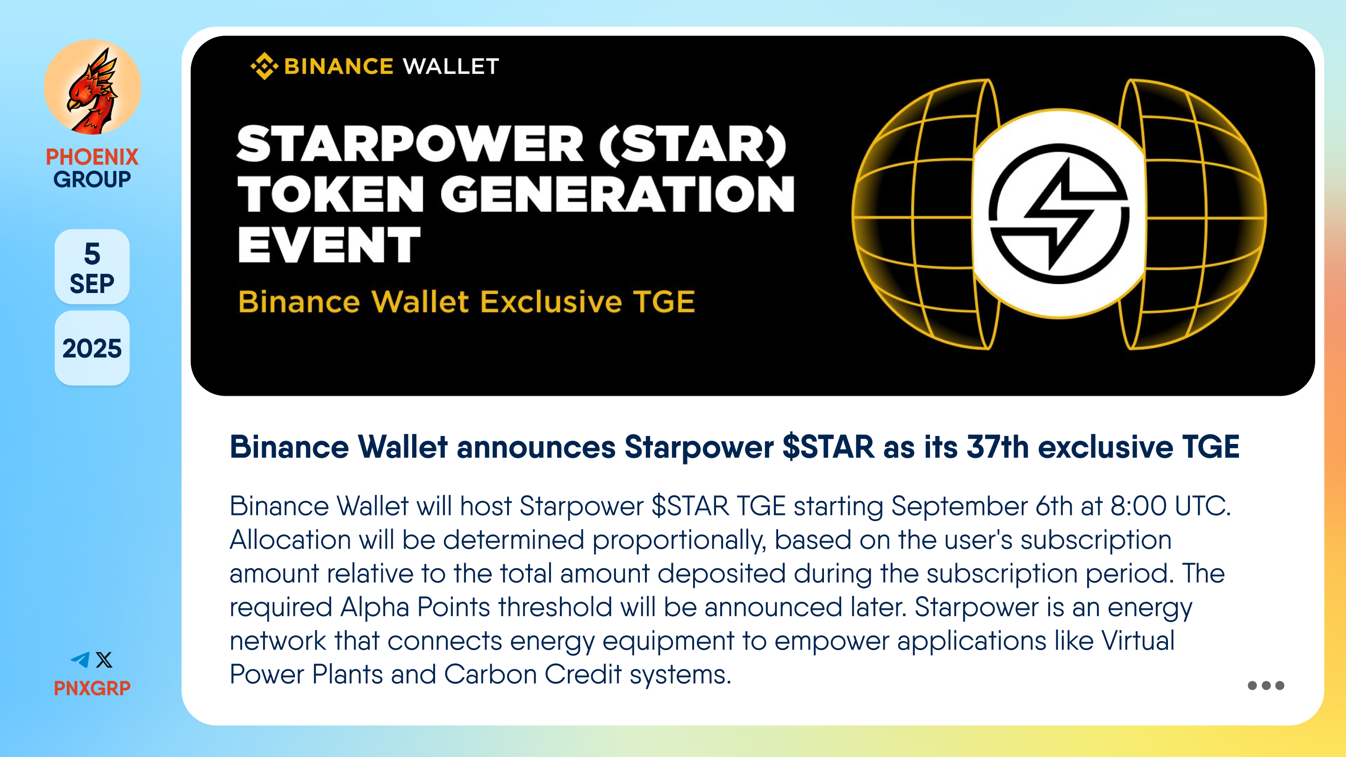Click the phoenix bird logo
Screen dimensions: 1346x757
pyautogui.click(x=93, y=87)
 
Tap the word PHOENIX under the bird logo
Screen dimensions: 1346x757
pyautogui.click(x=92, y=157)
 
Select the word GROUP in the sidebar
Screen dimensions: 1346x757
pyautogui.click(x=92, y=179)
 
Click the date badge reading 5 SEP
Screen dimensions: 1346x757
pyautogui.click(x=92, y=266)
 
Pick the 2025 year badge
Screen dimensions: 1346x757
pyautogui.click(x=92, y=349)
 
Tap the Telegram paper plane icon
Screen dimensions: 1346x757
pyautogui.click(x=80, y=660)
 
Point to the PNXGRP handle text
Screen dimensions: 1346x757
pyautogui.click(x=92, y=688)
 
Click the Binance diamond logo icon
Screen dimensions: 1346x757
pyautogui.click(x=265, y=66)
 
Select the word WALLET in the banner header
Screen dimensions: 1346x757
pyautogui.click(x=451, y=66)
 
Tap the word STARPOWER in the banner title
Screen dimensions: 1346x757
pyautogui.click(x=410, y=144)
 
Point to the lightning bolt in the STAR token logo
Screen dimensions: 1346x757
pyautogui.click(x=1059, y=214)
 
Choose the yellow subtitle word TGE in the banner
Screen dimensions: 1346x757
pyautogui.click(x=664, y=301)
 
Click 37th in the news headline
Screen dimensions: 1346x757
pyautogui.click(x=997, y=447)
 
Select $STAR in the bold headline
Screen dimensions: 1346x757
pyautogui.click(x=828, y=447)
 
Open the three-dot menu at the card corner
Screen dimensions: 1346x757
pyautogui.click(x=1266, y=686)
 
